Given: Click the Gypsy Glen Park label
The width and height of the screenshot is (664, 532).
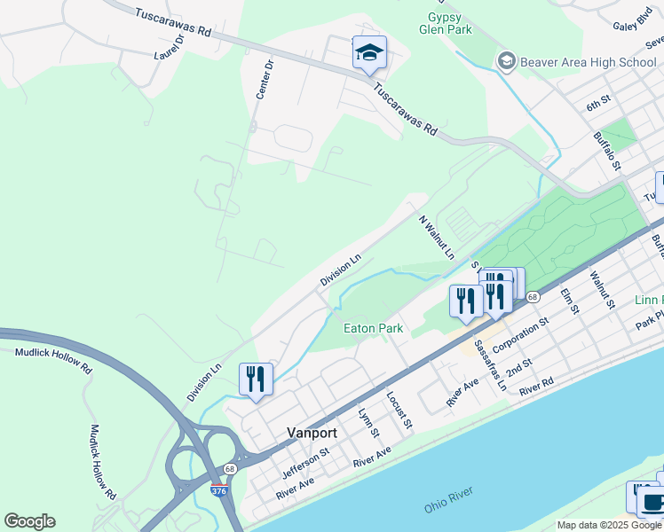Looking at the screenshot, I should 445,23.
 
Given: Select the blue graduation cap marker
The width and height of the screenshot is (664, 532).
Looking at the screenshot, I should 368,53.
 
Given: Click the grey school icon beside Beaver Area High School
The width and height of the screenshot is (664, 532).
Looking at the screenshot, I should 507,61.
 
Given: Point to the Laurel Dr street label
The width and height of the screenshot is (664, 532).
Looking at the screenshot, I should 169,46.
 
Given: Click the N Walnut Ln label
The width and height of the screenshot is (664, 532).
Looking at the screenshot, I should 436,237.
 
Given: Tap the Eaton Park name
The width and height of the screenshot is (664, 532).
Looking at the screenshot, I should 374,328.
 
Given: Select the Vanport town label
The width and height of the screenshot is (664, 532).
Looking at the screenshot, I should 312,433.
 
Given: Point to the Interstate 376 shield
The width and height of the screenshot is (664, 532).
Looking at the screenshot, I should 218,489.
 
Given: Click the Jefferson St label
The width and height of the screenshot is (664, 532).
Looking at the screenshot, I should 305,459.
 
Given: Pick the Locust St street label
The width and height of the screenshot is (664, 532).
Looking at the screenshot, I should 399,409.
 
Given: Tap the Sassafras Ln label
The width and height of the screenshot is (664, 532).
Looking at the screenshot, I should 489,366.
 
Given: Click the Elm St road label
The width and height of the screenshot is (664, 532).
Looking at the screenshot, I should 570,301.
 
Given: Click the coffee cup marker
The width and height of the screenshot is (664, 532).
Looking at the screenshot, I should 653,503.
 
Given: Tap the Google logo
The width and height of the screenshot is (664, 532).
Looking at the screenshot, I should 29,521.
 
